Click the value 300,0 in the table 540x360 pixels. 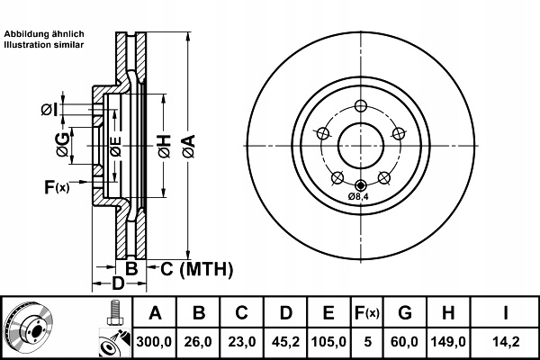point(156,341)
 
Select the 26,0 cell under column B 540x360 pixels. point(199,341)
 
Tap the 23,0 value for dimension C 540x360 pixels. point(242,341)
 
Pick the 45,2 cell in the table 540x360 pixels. point(285,341)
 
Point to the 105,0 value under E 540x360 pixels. point(328,341)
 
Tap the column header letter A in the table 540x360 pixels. point(156,314)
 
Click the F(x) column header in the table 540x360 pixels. point(366,314)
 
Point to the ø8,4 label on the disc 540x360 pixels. point(359,195)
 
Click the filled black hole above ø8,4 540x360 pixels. point(360,184)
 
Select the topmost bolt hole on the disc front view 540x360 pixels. point(360,103)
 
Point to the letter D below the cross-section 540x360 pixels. point(117,284)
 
